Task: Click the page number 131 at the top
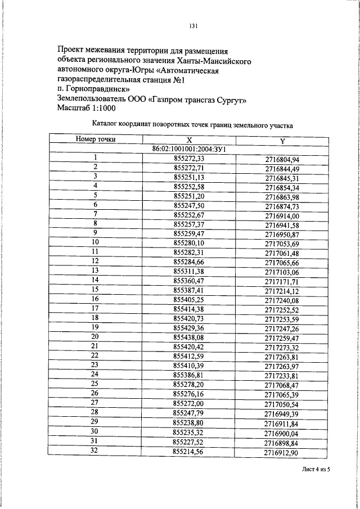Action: (x=192, y=26)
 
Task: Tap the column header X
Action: (x=189, y=140)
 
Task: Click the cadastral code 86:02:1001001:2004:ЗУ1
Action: (x=189, y=149)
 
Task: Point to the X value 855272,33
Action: (x=189, y=158)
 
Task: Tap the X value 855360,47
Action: (x=189, y=280)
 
